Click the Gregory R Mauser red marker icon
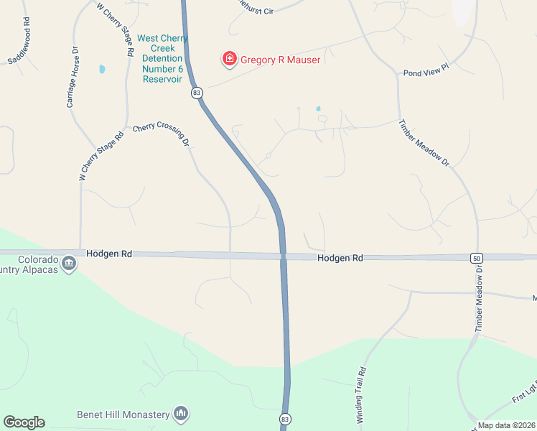[x=230, y=59]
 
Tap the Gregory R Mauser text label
[x=280, y=60]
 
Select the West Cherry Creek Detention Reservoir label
[x=162, y=59]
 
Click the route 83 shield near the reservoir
[x=197, y=93]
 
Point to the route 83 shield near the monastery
[x=285, y=419]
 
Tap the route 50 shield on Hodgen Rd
[x=476, y=257]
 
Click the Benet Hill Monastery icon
[x=181, y=414]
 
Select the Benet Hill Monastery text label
[x=123, y=414]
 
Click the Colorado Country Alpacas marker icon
[x=69, y=264]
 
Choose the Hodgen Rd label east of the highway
[x=340, y=257]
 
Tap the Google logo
[x=24, y=422]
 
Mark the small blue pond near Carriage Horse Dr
[x=102, y=70]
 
